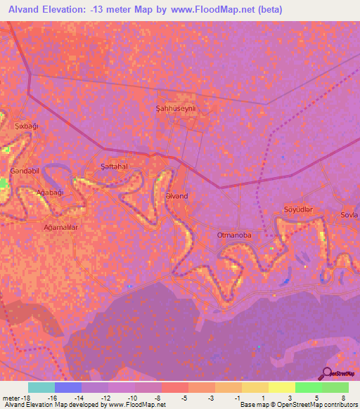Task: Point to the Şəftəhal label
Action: [x=113, y=166]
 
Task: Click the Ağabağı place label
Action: [x=51, y=192]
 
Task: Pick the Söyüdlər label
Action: [x=297, y=210]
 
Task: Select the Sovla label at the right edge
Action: [x=349, y=214]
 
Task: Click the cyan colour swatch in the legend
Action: [x=41, y=387]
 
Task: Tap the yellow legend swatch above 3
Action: [x=281, y=387]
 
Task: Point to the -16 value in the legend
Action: [x=51, y=397]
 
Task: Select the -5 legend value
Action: [x=185, y=397]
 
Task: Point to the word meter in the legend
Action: [x=12, y=397]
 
